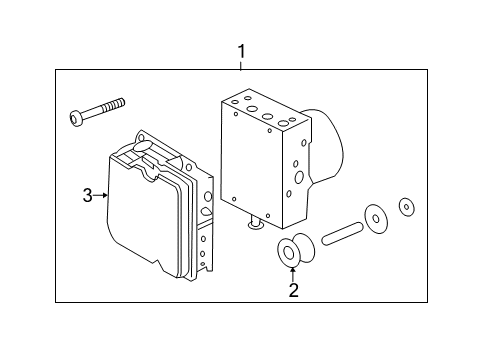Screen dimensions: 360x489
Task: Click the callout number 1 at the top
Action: point(240,49)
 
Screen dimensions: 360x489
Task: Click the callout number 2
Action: point(293,291)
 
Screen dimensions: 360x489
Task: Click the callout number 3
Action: point(87,195)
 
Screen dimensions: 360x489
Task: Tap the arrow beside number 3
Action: point(100,195)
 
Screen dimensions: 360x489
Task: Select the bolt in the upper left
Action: point(97,111)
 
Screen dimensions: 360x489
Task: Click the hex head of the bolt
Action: point(77,118)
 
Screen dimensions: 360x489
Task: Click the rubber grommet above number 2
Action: point(290,253)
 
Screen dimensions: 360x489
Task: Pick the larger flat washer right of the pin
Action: point(378,218)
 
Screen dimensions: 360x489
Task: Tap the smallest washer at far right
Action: point(406,207)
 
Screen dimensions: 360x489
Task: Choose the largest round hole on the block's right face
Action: point(299,177)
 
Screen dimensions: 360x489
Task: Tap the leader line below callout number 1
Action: point(240,63)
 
